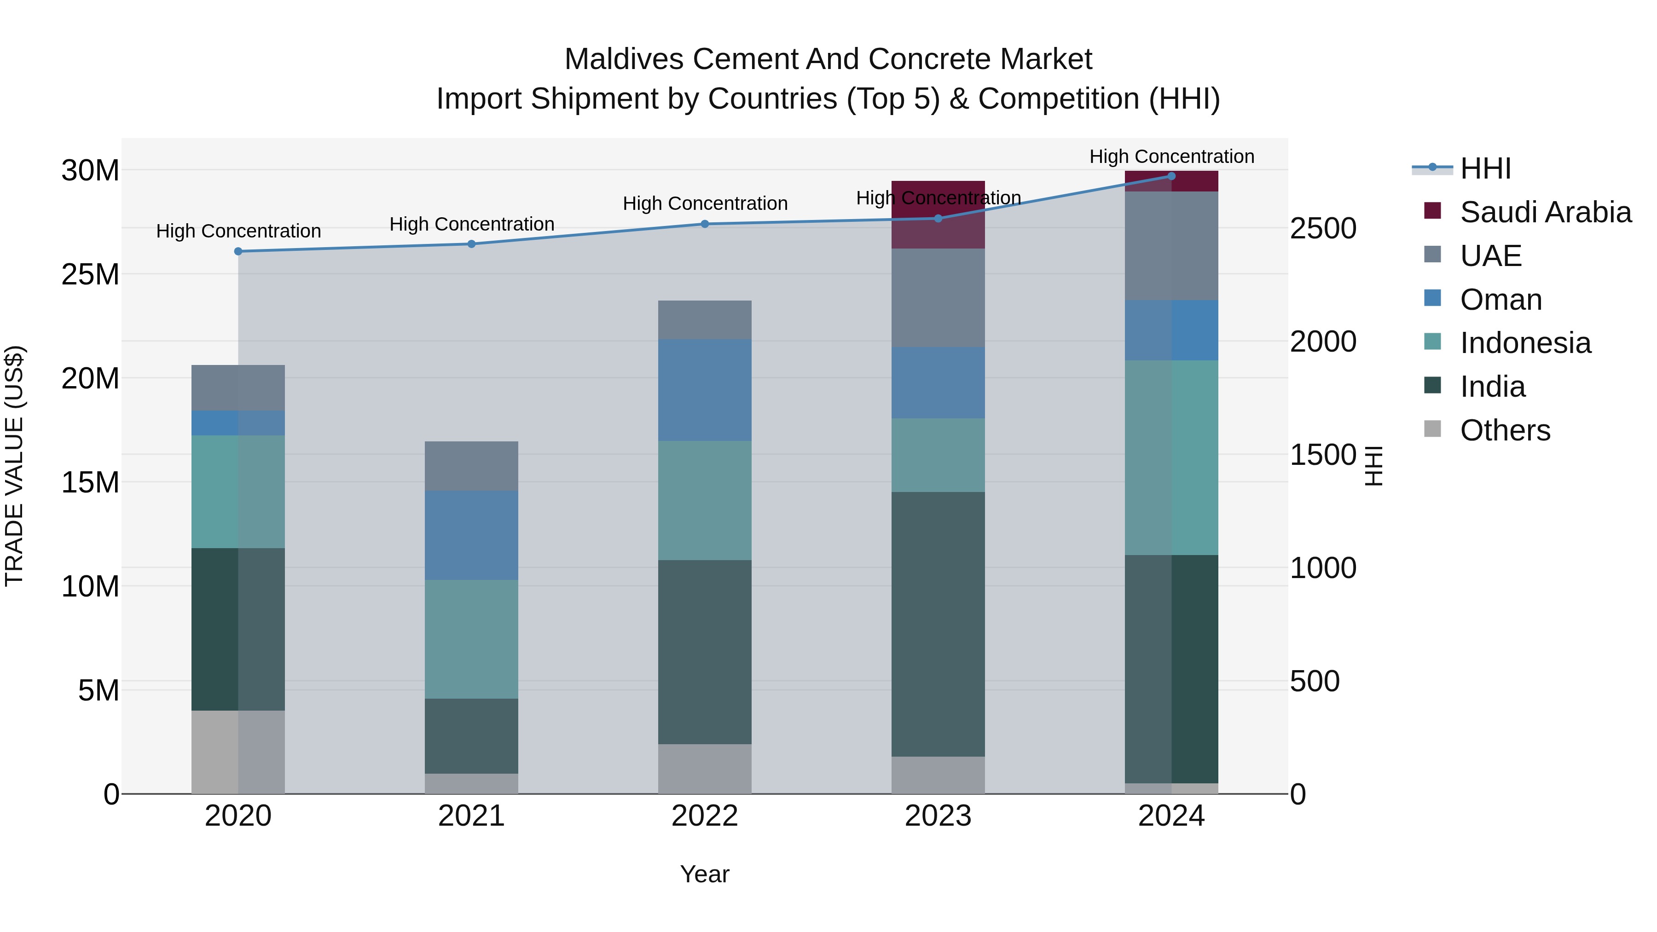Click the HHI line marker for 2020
238,251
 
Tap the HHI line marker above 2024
1171,176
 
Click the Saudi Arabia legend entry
1545,212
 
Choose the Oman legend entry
1500,300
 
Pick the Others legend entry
1505,430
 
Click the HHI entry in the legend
1485,168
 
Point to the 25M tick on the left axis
90,275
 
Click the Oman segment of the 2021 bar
471,535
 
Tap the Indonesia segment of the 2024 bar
1171,457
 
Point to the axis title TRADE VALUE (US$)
14,466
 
